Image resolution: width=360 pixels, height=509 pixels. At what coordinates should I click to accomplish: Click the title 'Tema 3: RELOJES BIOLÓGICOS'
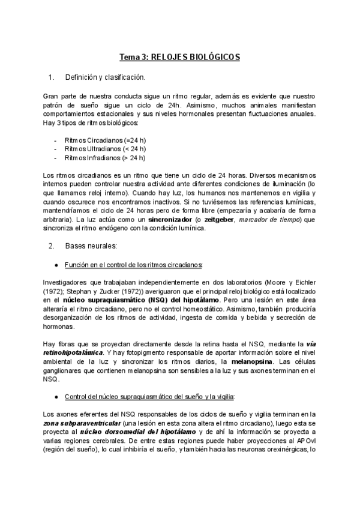[179, 57]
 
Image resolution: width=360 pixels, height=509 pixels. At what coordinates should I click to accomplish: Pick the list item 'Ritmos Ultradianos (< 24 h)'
[105, 149]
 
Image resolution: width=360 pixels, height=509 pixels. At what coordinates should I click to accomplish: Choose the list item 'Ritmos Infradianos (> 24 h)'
[105, 158]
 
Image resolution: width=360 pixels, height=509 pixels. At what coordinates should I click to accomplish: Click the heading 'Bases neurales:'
[91, 246]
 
